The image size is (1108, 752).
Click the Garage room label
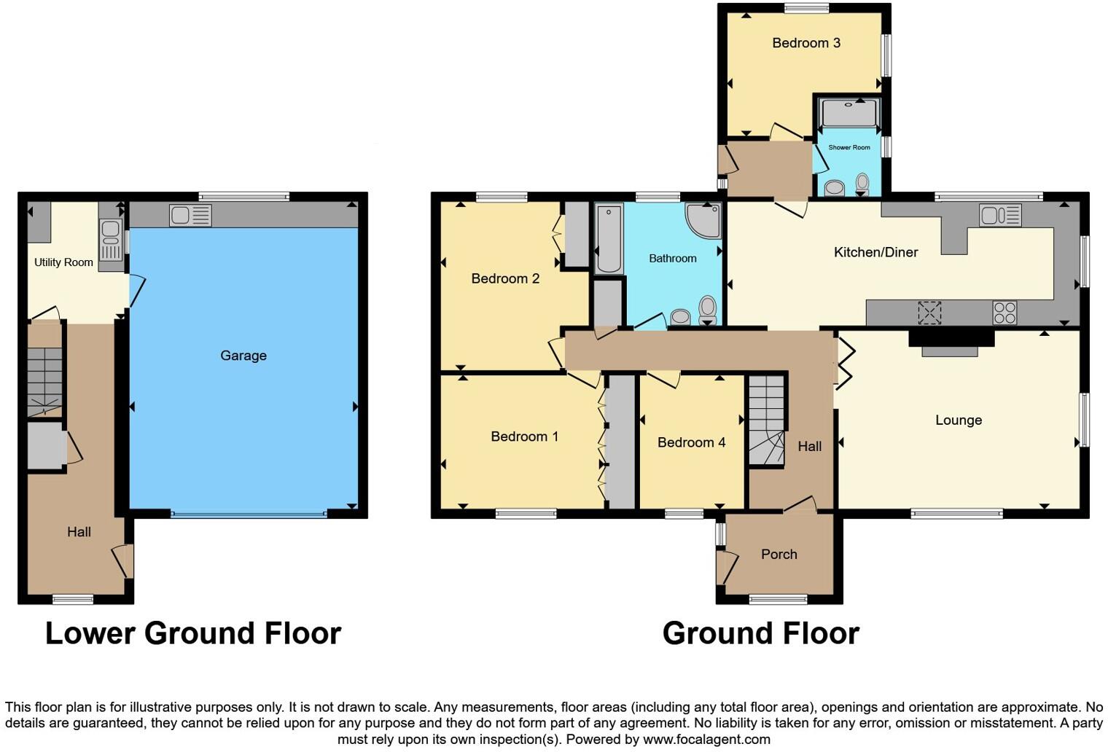click(x=243, y=356)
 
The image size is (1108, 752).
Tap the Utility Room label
click(x=63, y=262)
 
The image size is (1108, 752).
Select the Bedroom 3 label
click(x=806, y=43)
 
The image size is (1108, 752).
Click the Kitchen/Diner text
click(x=875, y=252)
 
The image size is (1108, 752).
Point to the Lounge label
click(x=958, y=420)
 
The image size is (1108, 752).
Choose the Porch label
click(x=779, y=555)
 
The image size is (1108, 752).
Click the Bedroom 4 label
click(x=691, y=442)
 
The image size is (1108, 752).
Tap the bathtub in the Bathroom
click(x=609, y=238)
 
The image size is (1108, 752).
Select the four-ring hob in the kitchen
click(x=1004, y=313)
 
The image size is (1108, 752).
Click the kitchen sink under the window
click(x=1000, y=215)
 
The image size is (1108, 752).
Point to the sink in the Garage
click(x=190, y=215)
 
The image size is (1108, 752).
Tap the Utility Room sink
click(x=111, y=240)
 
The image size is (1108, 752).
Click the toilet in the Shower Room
click(x=862, y=184)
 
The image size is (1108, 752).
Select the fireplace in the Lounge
click(x=951, y=342)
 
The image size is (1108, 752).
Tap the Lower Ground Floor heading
click(x=193, y=633)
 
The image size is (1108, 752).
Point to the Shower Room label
click(x=848, y=147)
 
